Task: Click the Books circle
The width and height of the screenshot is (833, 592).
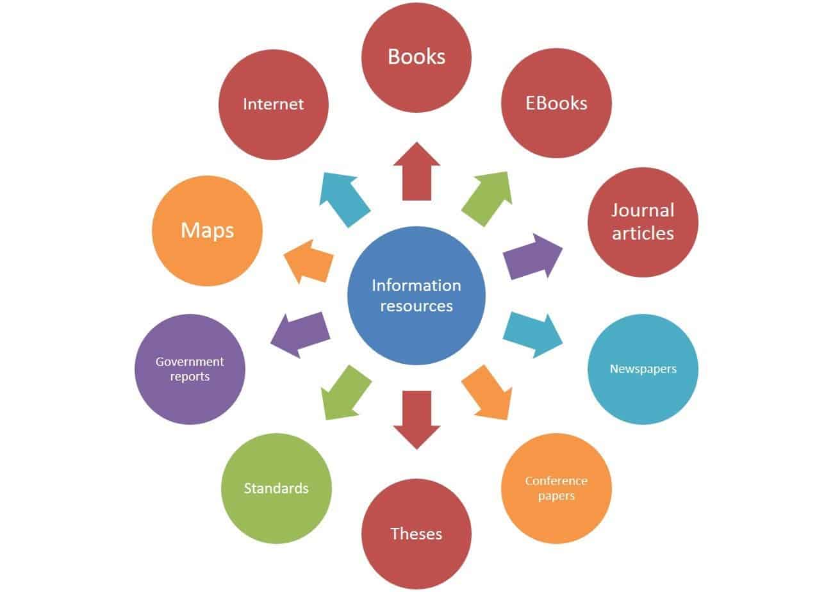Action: (x=416, y=57)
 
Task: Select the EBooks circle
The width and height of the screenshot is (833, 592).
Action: (x=556, y=103)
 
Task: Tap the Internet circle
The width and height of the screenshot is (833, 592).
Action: (x=274, y=104)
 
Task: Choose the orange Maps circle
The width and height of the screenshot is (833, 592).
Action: (x=207, y=231)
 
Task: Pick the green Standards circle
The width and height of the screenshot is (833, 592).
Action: (x=276, y=488)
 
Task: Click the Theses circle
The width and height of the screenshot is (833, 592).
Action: (x=416, y=534)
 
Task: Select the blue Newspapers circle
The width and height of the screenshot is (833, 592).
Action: (x=643, y=369)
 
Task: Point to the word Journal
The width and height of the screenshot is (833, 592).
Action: (x=643, y=211)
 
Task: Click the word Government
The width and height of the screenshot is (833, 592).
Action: (x=190, y=361)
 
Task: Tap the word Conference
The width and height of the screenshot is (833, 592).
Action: (x=556, y=481)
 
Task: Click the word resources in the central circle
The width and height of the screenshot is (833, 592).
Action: (x=416, y=306)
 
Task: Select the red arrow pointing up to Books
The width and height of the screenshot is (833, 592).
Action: (x=416, y=171)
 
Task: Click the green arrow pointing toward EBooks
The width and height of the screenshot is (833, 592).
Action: (x=487, y=199)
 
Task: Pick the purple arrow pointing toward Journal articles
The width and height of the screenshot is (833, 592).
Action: (x=532, y=256)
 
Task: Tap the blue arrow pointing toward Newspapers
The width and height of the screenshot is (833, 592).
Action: (x=532, y=335)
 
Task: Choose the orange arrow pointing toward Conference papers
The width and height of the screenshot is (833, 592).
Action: (x=487, y=393)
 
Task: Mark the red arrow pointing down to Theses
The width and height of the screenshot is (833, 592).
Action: (x=416, y=420)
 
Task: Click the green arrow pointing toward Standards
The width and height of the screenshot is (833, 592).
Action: (x=346, y=393)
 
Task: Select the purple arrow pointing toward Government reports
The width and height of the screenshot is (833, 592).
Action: (x=301, y=335)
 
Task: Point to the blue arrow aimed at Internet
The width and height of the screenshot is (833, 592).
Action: (x=344, y=200)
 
